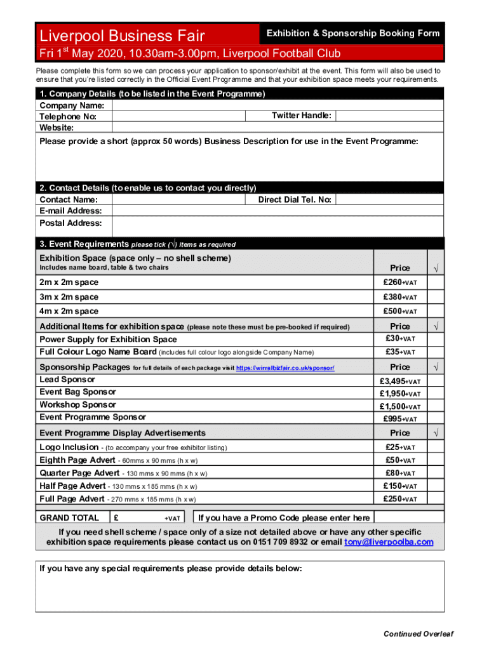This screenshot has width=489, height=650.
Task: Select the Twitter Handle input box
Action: coord(389,116)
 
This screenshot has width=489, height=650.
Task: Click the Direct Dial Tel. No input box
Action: coord(389,200)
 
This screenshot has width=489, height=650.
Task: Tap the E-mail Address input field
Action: coord(277,211)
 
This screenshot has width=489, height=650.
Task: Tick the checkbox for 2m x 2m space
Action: coord(436,282)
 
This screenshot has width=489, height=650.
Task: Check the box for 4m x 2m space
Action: coord(436,311)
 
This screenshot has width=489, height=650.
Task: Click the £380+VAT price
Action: coord(399,297)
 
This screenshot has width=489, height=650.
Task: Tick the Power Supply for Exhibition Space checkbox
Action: coord(436,339)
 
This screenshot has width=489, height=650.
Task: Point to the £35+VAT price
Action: coord(399,352)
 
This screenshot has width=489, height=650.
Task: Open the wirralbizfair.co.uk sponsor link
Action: coord(285,368)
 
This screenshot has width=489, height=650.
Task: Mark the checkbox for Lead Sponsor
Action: coord(436,381)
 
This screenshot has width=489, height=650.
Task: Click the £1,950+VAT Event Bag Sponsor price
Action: coord(399,394)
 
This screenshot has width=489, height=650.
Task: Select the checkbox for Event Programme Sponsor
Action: coord(436,419)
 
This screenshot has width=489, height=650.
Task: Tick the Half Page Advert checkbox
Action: coord(436,486)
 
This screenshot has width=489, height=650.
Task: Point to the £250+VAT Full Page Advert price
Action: coord(399,499)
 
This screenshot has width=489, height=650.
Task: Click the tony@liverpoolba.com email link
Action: coord(389,542)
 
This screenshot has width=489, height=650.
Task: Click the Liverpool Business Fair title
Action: coord(122,36)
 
